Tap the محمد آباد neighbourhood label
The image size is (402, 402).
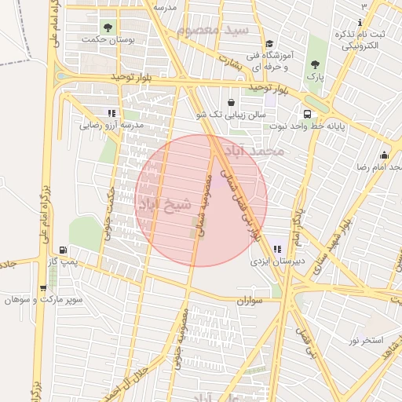point(254,149)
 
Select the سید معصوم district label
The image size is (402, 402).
point(212,31)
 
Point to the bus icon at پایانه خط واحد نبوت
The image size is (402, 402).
point(307,114)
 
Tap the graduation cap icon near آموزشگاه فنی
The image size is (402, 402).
point(269,44)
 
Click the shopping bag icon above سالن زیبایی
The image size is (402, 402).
point(231,102)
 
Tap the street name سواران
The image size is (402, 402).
point(248,300)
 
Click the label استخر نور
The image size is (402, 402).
point(365,339)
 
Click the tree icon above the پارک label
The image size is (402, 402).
point(315,64)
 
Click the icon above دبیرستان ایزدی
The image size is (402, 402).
point(276,249)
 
